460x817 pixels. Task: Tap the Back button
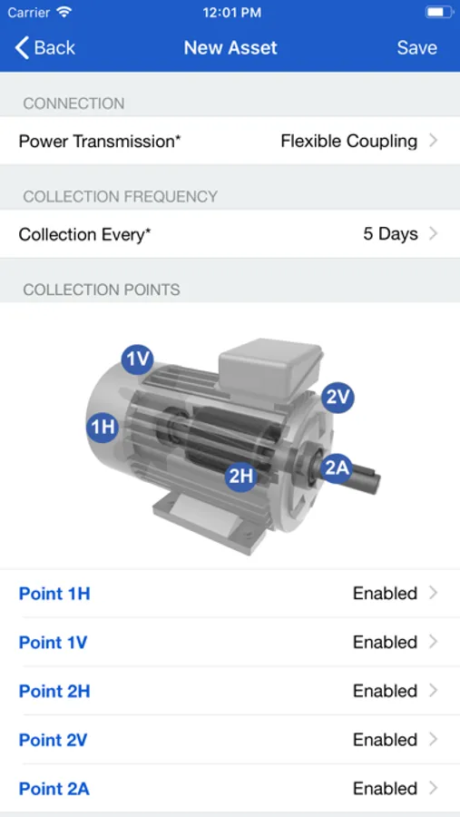(x=44, y=48)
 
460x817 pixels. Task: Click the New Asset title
(x=230, y=48)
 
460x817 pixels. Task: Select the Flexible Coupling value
(x=349, y=142)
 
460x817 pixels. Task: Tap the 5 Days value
(x=390, y=234)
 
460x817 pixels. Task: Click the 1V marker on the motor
(x=138, y=359)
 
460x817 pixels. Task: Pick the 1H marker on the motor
(x=103, y=427)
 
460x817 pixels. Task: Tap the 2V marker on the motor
(x=338, y=399)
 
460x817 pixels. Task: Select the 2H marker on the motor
(x=241, y=475)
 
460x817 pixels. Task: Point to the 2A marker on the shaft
(x=336, y=468)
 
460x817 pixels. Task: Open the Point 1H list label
(x=54, y=594)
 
